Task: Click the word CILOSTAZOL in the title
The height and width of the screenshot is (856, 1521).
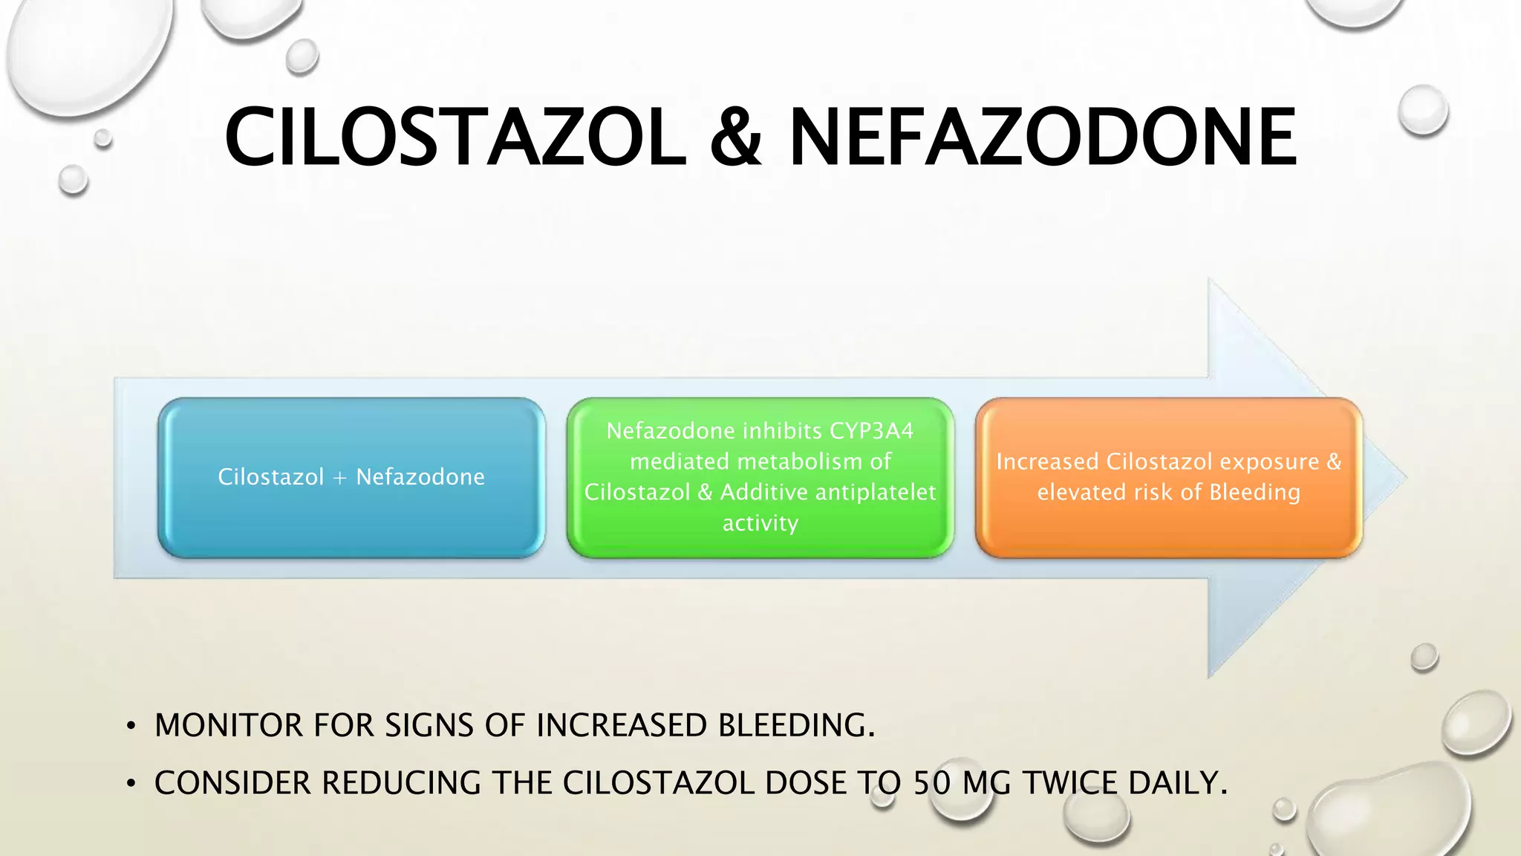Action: coord(455,137)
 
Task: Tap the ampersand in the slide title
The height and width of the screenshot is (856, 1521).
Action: coord(736,137)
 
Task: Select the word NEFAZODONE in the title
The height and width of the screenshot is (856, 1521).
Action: coord(1042,137)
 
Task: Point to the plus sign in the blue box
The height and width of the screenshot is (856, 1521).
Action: coord(340,478)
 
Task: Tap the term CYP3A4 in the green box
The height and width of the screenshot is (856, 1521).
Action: coord(871,431)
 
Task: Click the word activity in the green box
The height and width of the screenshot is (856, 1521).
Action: coord(760,523)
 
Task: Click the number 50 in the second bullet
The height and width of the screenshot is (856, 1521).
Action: coord(932,783)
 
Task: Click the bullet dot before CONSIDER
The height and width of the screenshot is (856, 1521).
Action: coord(131,784)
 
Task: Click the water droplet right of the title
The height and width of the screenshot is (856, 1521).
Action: coord(1422,110)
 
